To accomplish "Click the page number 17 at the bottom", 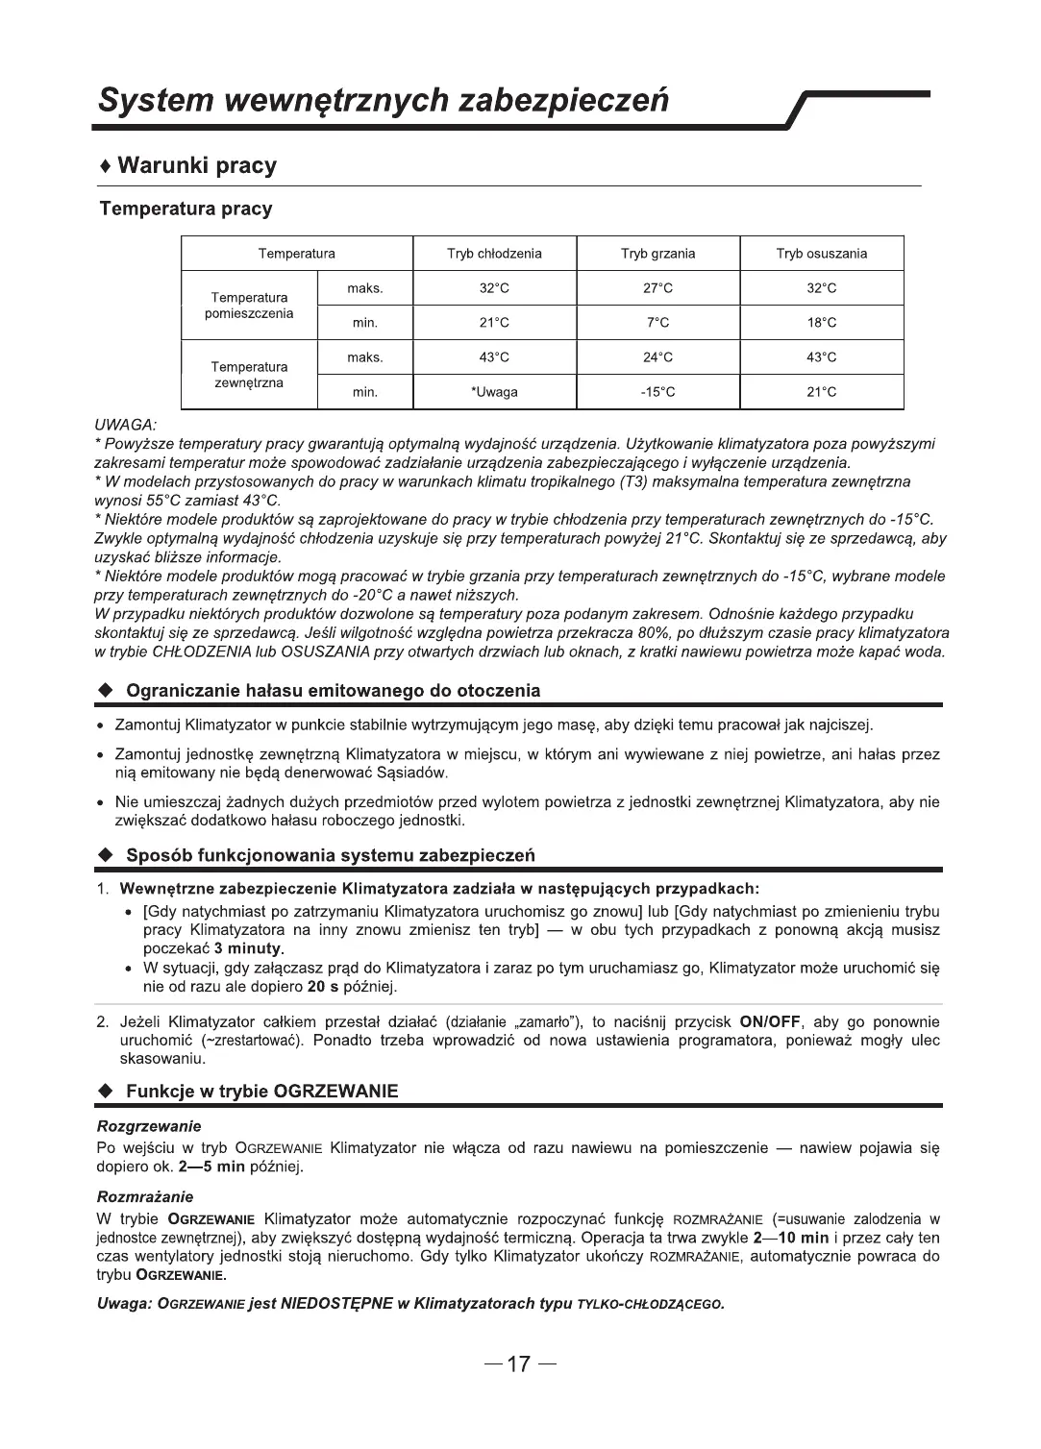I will coord(519,1364).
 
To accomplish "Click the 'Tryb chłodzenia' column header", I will coord(494,254).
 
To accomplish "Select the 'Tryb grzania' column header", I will coord(657,254).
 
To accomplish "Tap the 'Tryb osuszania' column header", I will coord(821,254).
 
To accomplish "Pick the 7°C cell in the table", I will coord(657,323).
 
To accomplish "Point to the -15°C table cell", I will coord(657,392).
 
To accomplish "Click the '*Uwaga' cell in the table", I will coord(494,392).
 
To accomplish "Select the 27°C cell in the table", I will coord(657,288).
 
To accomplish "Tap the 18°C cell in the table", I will coord(821,323).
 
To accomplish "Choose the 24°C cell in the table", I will coord(657,357).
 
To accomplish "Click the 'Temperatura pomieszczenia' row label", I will coord(249,306).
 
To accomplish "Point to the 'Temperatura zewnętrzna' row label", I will coord(249,375).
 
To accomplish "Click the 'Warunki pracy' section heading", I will coord(196,165).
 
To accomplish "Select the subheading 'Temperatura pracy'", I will coord(186,209).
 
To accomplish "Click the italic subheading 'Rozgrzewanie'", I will coord(149,1125).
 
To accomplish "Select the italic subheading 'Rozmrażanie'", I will coord(145,1196).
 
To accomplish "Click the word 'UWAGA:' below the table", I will coord(125,424).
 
